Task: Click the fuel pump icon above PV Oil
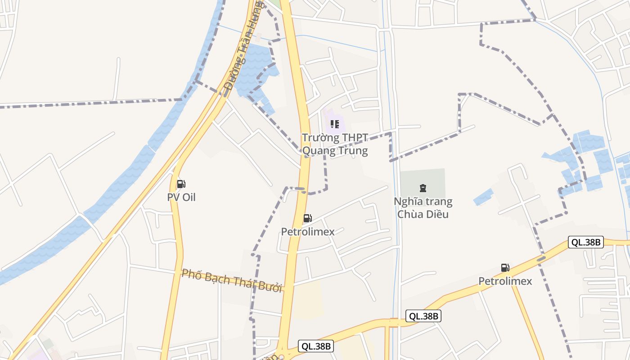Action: pos(181,184)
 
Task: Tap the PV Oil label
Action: pos(181,197)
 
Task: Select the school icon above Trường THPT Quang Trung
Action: pos(334,124)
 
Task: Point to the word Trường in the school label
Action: pos(320,138)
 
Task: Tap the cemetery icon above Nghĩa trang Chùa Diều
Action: pos(423,188)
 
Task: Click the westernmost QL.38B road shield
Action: pos(316,346)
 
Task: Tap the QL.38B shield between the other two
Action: pos(423,316)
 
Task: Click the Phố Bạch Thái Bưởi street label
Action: pos(232,280)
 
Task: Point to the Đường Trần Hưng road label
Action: pos(243,45)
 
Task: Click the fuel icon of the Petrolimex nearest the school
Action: pos(307,218)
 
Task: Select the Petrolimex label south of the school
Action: pos(308,232)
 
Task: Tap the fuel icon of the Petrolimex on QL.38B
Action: pos(505,268)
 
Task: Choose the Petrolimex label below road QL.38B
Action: pos(505,281)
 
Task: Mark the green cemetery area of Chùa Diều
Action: pos(432,178)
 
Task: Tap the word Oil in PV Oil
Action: pos(189,197)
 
